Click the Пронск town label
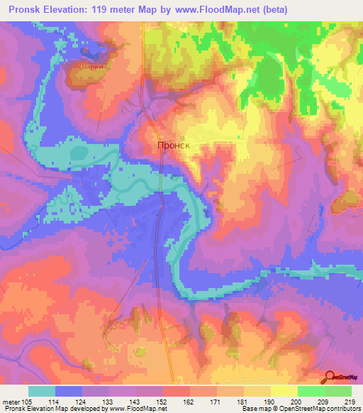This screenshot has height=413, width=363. pyautogui.click(x=174, y=145)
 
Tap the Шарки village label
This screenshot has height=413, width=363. pyautogui.click(x=85, y=69)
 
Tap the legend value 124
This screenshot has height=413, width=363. pyautogui.click(x=81, y=402)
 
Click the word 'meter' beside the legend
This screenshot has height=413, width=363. pyautogui.click(x=10, y=402)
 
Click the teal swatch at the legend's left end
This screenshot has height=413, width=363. pyautogui.click(x=42, y=391)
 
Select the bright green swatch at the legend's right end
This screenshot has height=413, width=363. pyautogui.click(x=337, y=391)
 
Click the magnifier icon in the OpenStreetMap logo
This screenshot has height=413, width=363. pyautogui.click(x=330, y=378)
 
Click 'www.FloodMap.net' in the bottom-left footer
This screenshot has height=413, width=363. pyautogui.click(x=134, y=409)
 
